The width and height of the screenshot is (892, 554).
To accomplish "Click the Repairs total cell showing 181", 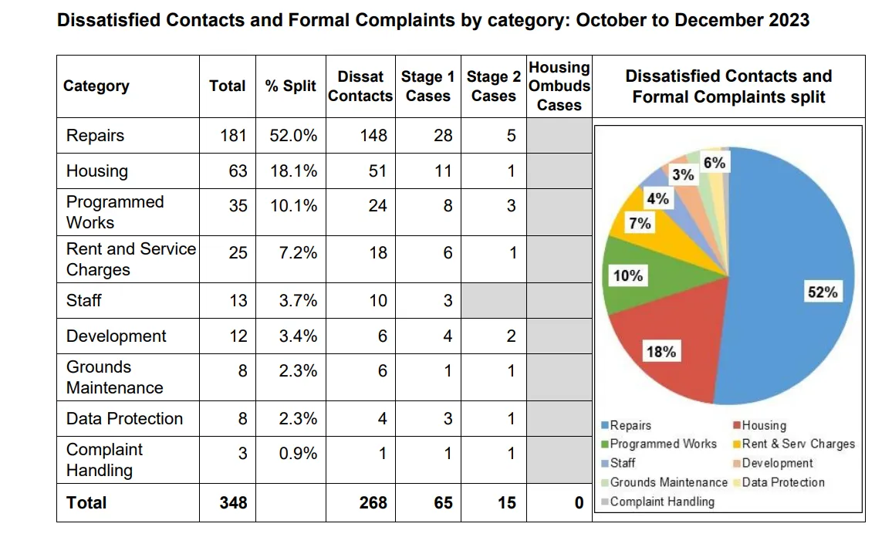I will [x=233, y=136].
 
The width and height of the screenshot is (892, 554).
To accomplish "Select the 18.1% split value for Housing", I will [x=293, y=171].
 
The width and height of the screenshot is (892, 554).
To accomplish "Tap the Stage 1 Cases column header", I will [x=427, y=86].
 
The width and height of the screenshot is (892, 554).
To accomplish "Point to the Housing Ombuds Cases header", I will [x=559, y=86].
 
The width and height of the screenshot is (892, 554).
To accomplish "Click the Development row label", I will [x=117, y=336].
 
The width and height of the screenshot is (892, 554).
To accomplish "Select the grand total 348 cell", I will [x=233, y=503].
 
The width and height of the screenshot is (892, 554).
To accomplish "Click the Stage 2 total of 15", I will [x=506, y=503].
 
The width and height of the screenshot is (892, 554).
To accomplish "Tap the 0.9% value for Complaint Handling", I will [x=298, y=454].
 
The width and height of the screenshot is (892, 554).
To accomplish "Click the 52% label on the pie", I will [x=822, y=292].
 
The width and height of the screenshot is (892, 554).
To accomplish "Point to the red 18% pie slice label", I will [x=661, y=352].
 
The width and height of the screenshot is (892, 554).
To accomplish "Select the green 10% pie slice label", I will [x=627, y=275].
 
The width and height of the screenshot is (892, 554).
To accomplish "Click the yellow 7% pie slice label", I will [x=640, y=224].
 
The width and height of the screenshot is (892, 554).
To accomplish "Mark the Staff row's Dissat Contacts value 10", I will [x=377, y=301].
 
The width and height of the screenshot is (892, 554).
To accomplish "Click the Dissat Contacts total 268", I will [x=373, y=503].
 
